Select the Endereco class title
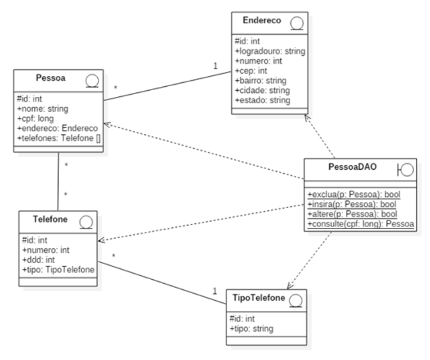(263, 20)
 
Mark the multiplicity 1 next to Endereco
(216, 66)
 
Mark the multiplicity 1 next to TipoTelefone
(215, 291)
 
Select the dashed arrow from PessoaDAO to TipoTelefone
(310, 260)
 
